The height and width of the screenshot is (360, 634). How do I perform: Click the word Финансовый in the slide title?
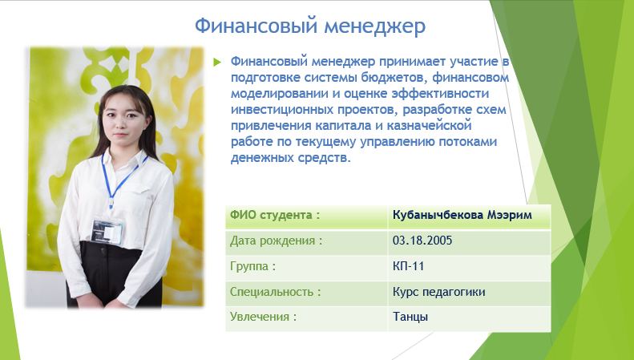(x=256, y=26)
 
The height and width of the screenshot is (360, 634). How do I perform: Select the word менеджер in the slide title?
(x=375, y=26)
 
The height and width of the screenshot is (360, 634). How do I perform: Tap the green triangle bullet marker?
(x=217, y=62)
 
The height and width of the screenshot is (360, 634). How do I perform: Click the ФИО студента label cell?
(x=306, y=217)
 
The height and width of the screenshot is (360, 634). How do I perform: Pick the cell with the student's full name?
(x=469, y=217)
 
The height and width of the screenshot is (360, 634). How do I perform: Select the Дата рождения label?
(x=277, y=241)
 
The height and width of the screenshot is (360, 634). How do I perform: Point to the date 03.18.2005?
(x=422, y=241)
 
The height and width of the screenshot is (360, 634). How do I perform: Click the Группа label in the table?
(x=252, y=266)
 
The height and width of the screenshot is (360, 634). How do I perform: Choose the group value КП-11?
(x=408, y=266)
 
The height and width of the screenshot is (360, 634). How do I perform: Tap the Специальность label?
(x=276, y=292)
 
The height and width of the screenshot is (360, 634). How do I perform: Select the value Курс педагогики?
(x=438, y=292)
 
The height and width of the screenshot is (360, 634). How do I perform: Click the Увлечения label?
(x=263, y=317)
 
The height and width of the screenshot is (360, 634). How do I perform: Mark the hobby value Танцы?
(x=410, y=317)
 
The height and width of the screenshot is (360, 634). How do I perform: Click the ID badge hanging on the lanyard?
(x=107, y=232)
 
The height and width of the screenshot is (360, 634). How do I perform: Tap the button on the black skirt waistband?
(x=103, y=253)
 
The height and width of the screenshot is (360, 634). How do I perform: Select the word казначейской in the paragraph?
(x=429, y=125)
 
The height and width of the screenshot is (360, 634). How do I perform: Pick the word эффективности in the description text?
(x=440, y=94)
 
